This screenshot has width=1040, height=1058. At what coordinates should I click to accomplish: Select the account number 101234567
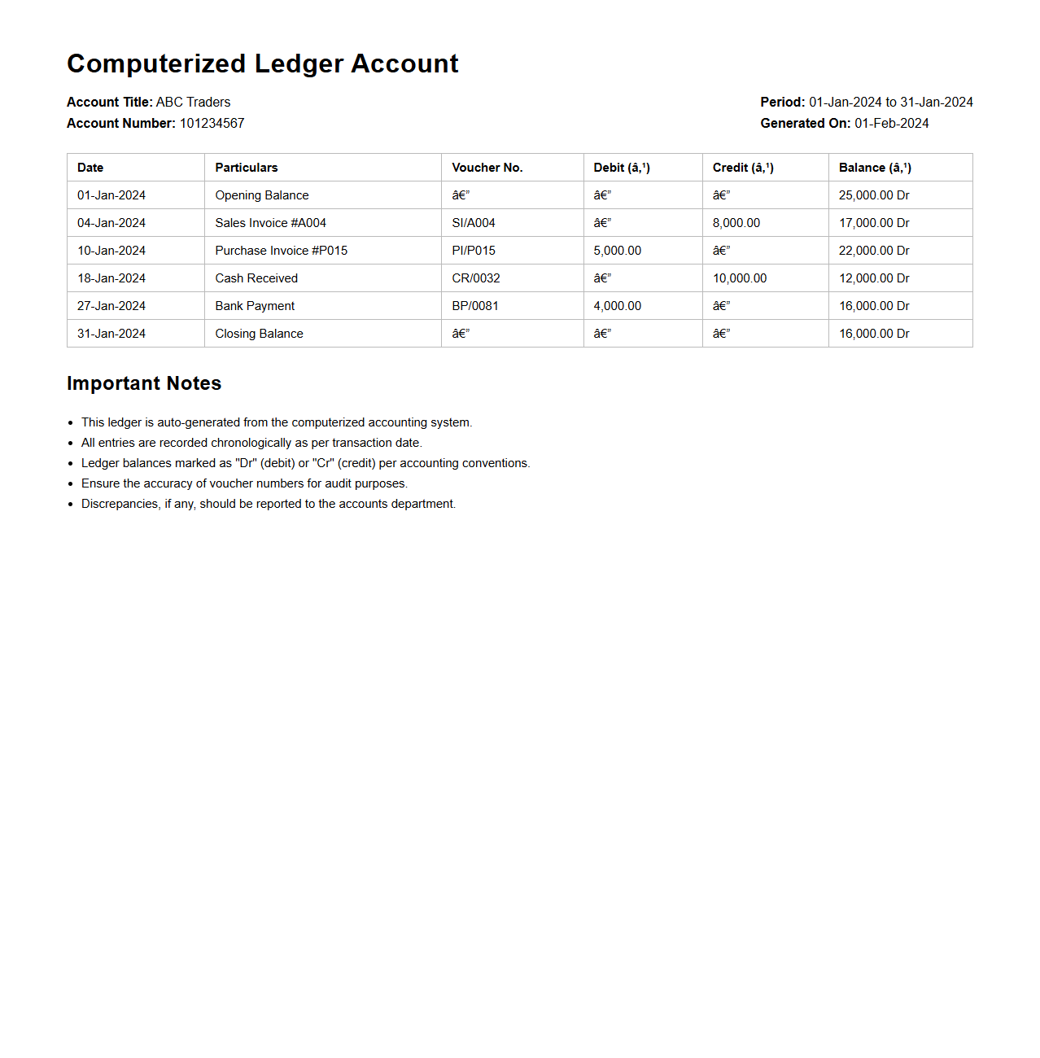point(212,124)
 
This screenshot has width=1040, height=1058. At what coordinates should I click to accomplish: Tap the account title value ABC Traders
point(193,103)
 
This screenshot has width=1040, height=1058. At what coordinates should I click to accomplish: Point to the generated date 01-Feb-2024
point(891,124)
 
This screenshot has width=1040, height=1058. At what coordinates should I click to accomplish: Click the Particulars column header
point(246,168)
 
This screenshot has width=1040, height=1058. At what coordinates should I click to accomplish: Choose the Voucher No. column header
point(487,168)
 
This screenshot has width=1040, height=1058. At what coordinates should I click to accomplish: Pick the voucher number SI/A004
point(473,223)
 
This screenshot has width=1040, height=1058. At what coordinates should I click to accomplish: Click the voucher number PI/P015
point(473,251)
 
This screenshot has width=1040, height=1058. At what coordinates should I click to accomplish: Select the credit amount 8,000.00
point(736,223)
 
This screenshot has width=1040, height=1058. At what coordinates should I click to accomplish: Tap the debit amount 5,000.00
point(617,251)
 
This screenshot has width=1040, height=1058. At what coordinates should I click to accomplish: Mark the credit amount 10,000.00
point(739,278)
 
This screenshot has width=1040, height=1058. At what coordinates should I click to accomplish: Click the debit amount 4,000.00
point(617,306)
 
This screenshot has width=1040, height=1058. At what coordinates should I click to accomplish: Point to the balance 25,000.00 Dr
point(873,195)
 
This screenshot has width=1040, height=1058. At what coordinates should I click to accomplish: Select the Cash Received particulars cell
point(256,278)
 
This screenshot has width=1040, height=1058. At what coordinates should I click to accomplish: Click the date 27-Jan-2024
point(111,306)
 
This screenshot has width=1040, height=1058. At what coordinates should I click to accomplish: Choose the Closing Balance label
point(259,334)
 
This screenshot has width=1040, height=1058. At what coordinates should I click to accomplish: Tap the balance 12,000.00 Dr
point(873,278)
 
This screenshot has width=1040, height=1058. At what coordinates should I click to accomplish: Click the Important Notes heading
point(144,383)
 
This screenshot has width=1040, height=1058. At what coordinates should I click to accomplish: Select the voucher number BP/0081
point(474,306)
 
